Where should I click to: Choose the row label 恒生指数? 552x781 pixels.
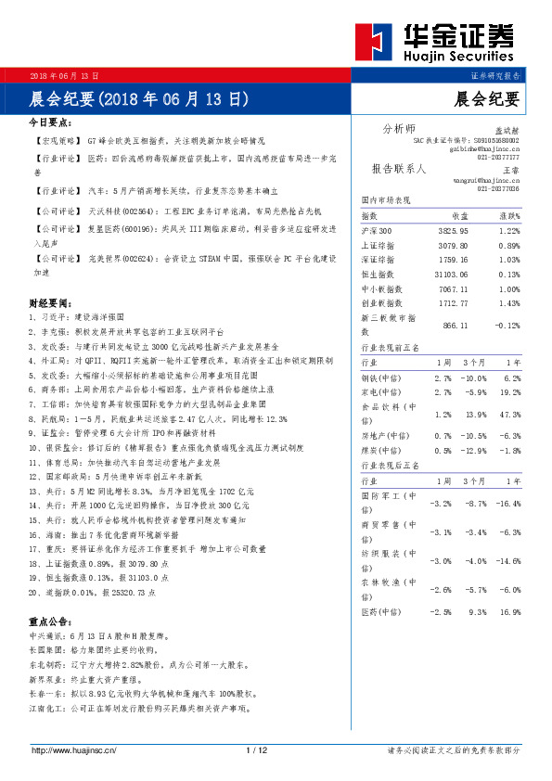tap(377, 274)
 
